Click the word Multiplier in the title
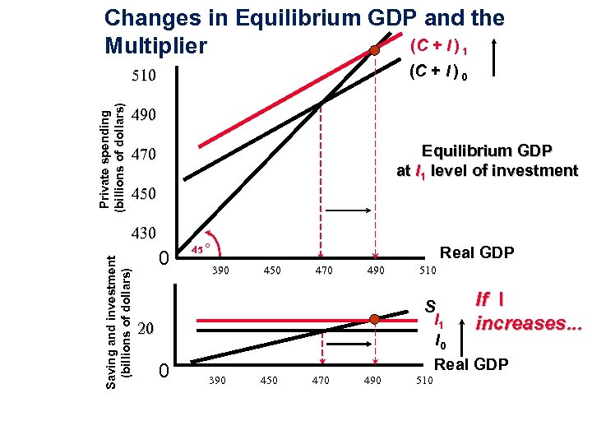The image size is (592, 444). pos(155,46)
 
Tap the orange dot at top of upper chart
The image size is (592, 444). pos(374,50)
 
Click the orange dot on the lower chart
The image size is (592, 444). pos(374,319)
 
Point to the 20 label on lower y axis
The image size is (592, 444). pos(146,329)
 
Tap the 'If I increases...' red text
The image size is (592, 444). pos(529,313)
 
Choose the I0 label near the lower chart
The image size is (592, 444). pos(442,340)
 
